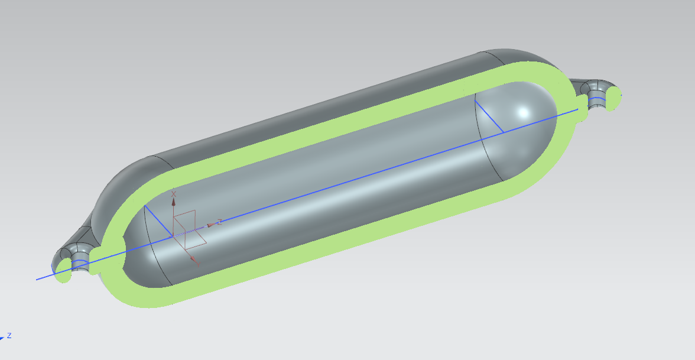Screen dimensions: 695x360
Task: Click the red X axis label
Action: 174,194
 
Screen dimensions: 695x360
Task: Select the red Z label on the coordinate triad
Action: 219,222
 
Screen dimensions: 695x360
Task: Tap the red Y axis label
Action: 198,265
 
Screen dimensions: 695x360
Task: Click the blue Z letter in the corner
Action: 9,336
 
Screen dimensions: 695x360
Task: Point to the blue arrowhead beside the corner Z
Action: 2,338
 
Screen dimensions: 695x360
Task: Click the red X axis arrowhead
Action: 174,202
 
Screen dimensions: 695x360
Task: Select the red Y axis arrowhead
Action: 193,259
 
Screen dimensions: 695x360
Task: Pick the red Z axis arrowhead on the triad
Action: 210,225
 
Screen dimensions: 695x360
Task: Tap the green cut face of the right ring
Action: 613,98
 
